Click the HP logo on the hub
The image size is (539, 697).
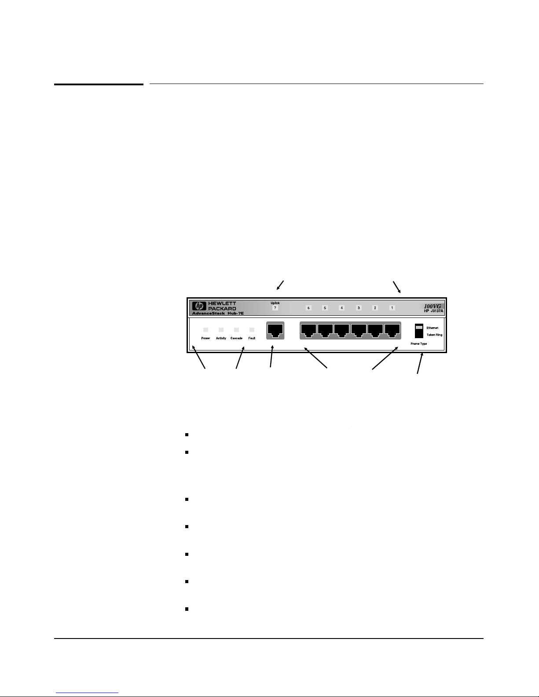199,306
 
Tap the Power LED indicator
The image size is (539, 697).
205,330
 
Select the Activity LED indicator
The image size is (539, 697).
221,330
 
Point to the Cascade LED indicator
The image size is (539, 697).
236,330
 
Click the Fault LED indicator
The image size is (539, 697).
252,330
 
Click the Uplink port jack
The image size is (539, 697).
275,330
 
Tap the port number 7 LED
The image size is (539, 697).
275,308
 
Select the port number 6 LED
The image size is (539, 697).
308,308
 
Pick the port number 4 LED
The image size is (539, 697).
342,308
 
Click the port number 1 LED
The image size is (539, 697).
392,308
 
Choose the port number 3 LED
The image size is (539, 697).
359,308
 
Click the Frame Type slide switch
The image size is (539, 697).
419,331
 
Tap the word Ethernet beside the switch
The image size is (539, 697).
432,328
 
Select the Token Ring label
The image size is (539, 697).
434,335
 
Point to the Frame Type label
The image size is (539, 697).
418,344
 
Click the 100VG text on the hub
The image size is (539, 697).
432,306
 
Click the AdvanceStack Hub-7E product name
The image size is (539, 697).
218,313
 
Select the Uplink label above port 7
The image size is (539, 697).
275,303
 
